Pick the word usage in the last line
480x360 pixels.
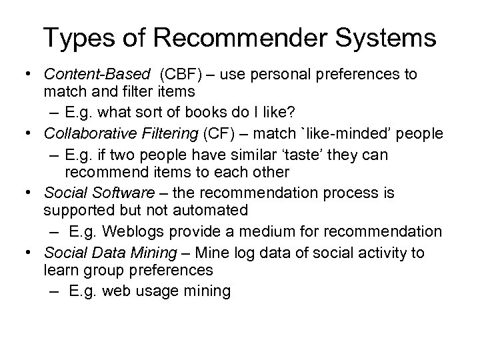coord(159,291)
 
